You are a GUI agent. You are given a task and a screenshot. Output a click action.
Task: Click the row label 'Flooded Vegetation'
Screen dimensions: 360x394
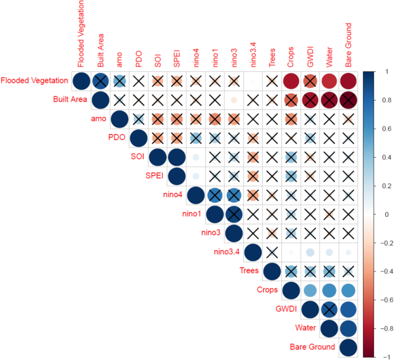click(x=35, y=81)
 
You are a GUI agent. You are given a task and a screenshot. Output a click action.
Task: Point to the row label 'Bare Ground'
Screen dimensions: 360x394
click(x=312, y=347)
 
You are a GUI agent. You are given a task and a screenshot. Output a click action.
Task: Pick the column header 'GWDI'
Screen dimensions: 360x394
click(x=309, y=57)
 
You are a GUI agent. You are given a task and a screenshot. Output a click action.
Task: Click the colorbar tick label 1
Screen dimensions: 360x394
click(x=380, y=71)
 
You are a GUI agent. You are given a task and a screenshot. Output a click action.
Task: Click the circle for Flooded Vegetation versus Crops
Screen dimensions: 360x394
click(x=290, y=81)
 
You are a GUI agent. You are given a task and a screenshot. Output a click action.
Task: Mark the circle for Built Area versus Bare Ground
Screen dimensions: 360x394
click(x=347, y=100)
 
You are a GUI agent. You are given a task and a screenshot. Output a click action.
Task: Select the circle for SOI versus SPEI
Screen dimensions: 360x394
click(x=176, y=157)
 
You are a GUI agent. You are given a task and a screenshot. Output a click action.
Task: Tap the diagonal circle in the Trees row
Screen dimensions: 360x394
click(x=271, y=271)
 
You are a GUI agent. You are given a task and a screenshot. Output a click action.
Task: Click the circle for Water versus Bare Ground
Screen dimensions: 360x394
click(x=347, y=328)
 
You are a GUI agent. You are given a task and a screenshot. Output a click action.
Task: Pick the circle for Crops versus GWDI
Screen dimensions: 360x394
click(x=309, y=290)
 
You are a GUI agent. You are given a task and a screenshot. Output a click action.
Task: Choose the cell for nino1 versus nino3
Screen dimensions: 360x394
click(x=233, y=214)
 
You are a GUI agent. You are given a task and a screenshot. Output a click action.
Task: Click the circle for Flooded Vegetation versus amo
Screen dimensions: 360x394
click(x=119, y=81)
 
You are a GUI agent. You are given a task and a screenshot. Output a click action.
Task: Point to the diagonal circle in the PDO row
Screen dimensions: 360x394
click(x=138, y=138)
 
